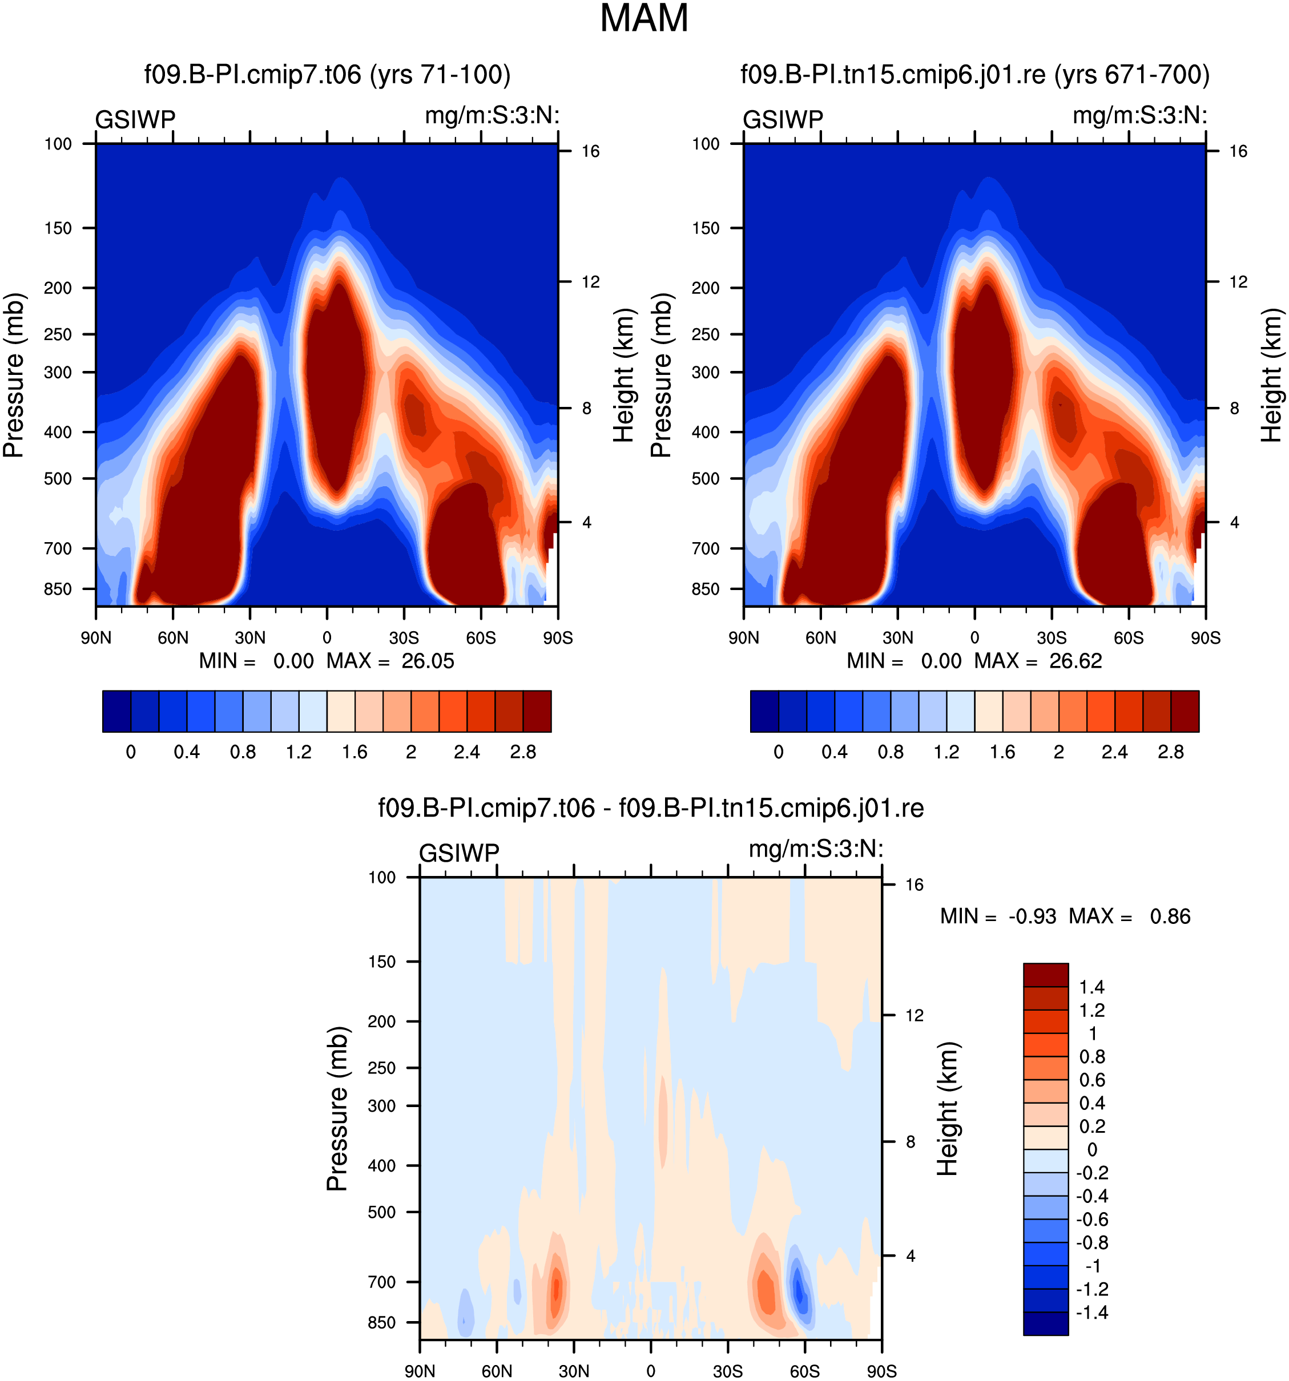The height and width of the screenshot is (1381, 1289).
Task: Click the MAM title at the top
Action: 643,19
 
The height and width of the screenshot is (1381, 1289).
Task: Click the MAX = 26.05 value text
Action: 390,661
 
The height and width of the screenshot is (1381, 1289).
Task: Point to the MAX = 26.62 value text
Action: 1038,661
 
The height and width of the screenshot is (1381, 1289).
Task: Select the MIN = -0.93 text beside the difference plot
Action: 998,916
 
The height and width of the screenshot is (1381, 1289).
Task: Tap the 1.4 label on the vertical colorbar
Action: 1091,987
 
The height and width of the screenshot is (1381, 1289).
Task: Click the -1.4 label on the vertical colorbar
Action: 1091,1312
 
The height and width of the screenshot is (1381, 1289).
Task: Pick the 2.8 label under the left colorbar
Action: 522,752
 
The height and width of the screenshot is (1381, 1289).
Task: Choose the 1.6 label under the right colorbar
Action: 1002,752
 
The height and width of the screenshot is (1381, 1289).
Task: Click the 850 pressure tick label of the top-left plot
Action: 58,589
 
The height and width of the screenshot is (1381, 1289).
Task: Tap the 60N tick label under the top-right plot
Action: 821,637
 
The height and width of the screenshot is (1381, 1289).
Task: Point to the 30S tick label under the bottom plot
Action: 727,1371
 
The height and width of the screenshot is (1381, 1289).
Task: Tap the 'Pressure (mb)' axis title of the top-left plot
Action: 13,375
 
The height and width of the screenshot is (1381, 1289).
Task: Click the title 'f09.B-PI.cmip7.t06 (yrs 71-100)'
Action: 327,74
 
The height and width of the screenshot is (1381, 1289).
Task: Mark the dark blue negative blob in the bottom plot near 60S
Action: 799,1291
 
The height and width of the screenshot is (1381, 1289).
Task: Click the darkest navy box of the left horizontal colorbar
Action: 116,712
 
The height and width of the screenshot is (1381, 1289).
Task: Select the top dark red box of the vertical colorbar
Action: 1046,975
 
